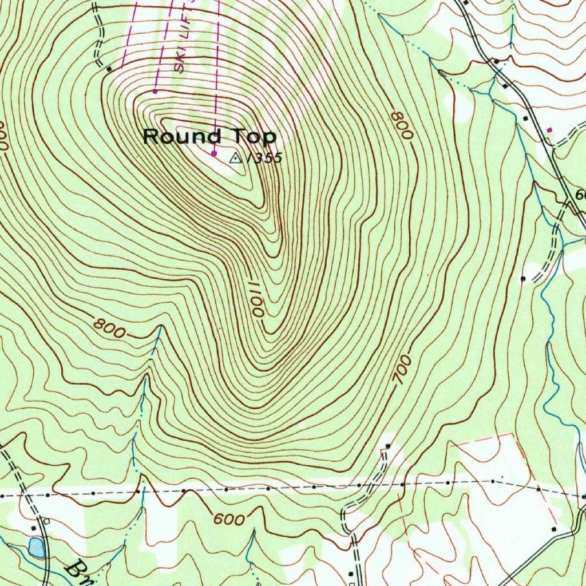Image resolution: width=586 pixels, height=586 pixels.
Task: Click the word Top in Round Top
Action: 254,137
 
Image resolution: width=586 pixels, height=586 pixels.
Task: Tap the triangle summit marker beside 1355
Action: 235,158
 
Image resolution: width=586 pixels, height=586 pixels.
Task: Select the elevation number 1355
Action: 264,159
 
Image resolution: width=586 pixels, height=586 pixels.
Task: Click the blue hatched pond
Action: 36,548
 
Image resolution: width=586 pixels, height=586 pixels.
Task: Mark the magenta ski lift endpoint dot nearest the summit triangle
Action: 214,153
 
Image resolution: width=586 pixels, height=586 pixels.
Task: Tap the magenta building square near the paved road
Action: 550,130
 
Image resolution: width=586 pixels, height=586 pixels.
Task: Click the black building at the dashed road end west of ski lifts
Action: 109,69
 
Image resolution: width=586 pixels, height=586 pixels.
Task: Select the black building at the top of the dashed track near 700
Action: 388,446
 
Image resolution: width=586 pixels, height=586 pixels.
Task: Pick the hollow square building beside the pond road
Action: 46,521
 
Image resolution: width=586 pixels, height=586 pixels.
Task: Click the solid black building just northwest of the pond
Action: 34,528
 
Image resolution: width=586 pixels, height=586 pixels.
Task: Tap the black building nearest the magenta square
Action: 526,117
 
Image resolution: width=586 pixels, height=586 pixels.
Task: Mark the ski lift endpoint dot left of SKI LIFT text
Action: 155,91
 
